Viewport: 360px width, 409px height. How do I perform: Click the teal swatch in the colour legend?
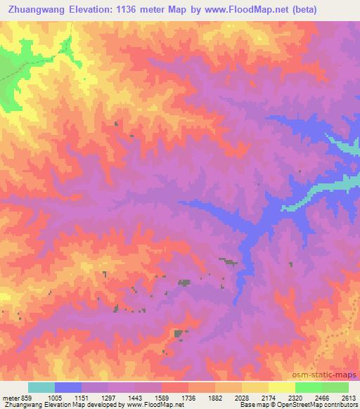click(41, 387)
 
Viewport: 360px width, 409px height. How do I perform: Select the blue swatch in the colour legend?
click(68, 387)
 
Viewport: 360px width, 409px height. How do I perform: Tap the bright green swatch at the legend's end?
click(335, 387)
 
